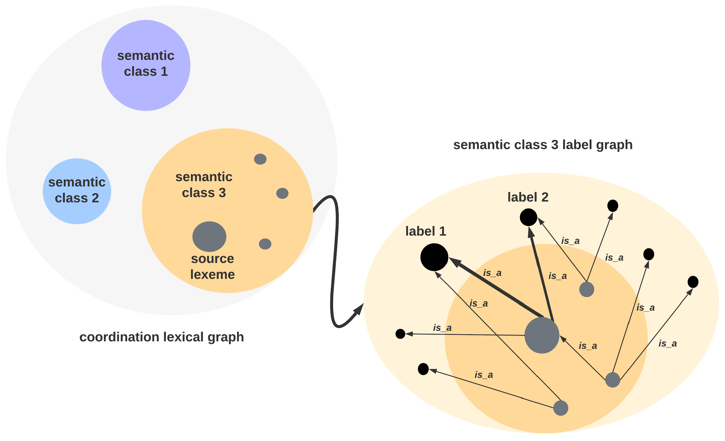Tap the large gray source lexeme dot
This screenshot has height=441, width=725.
tap(209, 236)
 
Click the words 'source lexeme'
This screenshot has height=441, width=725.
tap(213, 267)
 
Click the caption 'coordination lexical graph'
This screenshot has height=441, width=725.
tap(161, 337)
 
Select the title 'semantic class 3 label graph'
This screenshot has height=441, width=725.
tap(543, 145)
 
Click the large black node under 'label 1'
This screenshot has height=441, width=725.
tap(434, 257)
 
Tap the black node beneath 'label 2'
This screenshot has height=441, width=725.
tap(528, 217)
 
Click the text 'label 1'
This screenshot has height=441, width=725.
tap(426, 231)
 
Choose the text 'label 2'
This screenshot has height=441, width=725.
tap(528, 197)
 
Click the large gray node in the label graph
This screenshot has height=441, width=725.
tap(542, 335)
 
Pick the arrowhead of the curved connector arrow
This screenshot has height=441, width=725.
tap(359, 309)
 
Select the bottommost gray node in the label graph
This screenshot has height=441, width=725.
tap(561, 408)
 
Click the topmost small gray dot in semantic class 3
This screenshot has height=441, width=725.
tap(260, 159)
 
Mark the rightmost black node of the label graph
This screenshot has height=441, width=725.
tap(693, 282)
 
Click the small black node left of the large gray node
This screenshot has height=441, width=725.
tap(400, 334)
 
